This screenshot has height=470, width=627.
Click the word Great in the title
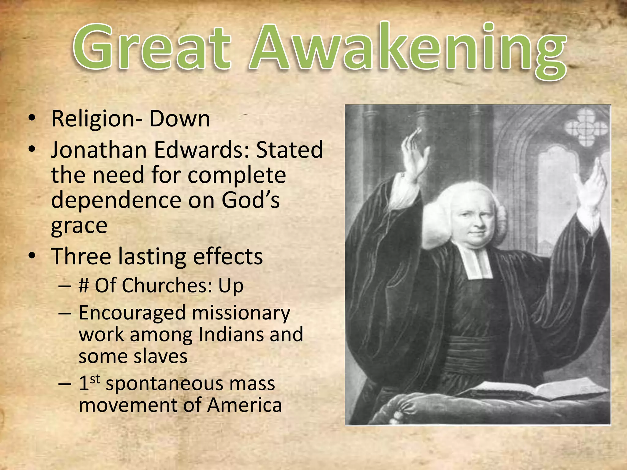point(152,47)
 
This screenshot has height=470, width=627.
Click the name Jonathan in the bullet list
point(99,150)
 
